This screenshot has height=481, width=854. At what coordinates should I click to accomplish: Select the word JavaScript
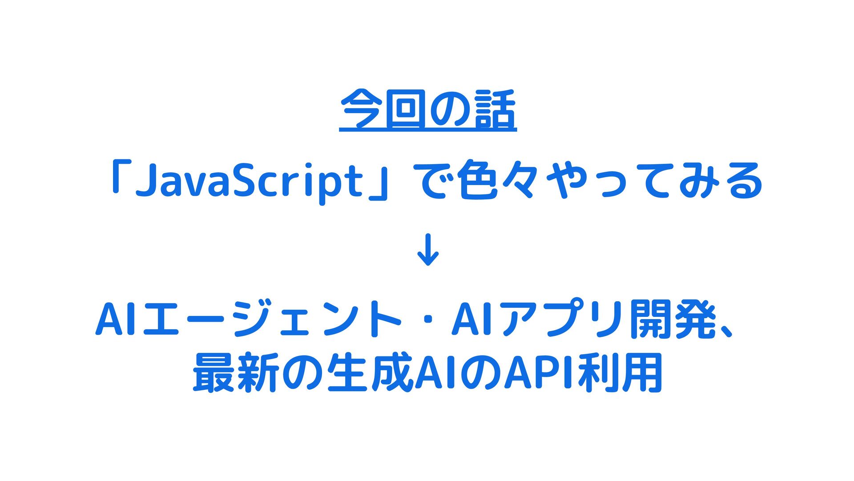[249, 182]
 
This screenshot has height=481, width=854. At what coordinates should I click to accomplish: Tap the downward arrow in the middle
[428, 250]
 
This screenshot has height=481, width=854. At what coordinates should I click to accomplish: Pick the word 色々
[496, 180]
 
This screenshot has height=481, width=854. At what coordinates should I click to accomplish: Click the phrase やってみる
[654, 180]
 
